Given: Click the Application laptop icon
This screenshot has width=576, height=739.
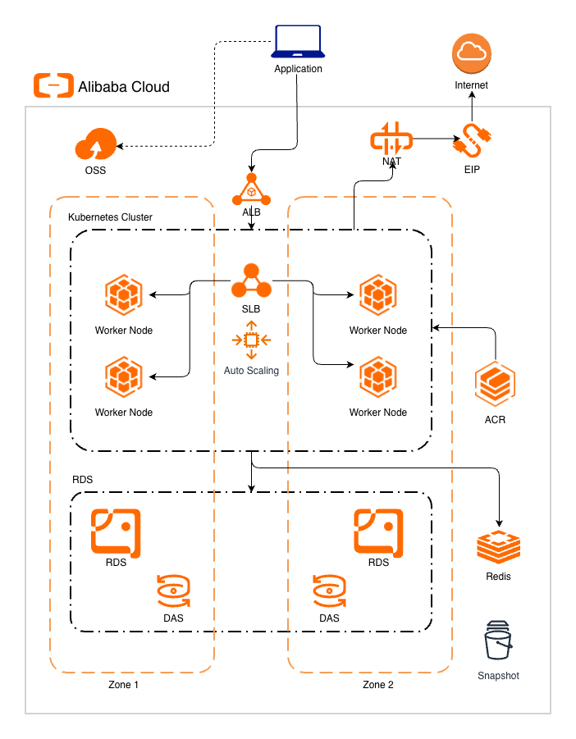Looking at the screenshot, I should [298, 42].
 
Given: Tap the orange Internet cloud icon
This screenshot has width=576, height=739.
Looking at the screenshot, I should [472, 56].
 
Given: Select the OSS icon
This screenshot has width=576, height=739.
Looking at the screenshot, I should [95, 146].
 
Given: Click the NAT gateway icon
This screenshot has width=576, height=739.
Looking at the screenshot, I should [391, 140].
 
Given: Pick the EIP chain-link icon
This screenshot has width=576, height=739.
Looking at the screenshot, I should [471, 142].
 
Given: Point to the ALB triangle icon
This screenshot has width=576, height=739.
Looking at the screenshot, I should [251, 189].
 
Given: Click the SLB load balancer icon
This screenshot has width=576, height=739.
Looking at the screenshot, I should [251, 281].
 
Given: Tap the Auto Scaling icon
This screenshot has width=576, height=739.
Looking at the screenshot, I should [251, 340].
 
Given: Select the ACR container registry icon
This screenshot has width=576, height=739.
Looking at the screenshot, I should [495, 385].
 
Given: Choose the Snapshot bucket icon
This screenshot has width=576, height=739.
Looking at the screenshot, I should [498, 642].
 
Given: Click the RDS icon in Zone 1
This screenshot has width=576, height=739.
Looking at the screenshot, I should [116, 531].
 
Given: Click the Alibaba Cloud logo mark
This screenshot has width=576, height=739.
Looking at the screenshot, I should [53, 85].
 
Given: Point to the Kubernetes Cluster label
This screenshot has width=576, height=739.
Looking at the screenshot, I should [110, 217].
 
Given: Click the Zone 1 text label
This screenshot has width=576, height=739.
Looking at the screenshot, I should [123, 685].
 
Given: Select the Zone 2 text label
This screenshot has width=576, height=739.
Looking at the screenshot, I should [377, 685].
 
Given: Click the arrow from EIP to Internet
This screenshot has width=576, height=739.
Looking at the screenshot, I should [472, 107].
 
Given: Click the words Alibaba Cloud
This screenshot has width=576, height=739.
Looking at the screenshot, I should [124, 86].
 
